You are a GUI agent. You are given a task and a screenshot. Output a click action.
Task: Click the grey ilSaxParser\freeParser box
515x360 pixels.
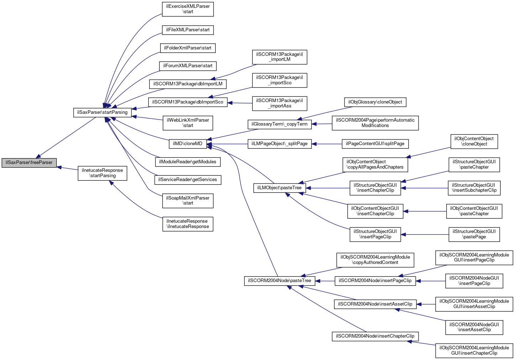(x=29, y=163)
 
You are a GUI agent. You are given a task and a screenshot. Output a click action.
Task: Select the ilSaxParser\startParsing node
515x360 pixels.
(x=102, y=112)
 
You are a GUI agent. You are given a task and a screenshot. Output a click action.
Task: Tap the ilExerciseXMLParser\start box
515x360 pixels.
(x=188, y=9)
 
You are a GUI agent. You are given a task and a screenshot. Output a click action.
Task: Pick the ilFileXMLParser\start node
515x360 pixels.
(x=188, y=30)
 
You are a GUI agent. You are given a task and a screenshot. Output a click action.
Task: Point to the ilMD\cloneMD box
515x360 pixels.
(x=188, y=144)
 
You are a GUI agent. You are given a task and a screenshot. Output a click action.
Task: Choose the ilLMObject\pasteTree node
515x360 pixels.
(x=280, y=188)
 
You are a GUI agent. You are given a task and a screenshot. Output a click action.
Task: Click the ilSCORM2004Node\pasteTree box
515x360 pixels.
(x=280, y=281)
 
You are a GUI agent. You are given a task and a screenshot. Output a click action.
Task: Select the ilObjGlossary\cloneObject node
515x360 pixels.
(x=375, y=102)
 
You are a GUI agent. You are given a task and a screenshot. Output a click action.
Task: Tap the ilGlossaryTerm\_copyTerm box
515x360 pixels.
(x=280, y=124)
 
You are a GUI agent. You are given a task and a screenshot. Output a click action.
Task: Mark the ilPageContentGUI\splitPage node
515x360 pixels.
(x=375, y=144)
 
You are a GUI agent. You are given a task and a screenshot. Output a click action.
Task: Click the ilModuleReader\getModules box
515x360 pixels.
(x=188, y=162)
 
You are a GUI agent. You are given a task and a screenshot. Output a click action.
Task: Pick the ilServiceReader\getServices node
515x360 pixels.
(x=188, y=180)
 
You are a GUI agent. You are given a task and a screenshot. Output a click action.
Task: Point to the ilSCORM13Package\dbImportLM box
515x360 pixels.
(x=188, y=84)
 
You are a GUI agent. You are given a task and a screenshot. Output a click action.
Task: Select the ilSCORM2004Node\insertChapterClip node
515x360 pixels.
(x=375, y=336)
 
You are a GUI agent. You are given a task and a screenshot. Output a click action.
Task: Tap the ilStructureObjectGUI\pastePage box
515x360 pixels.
(x=474, y=234)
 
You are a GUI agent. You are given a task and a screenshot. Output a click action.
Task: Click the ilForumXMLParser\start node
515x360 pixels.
(x=188, y=66)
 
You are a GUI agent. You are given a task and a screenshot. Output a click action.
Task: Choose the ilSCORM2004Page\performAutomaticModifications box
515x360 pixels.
(x=375, y=123)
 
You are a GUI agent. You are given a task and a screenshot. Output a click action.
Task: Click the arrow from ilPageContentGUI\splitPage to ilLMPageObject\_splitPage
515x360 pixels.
(x=327, y=144)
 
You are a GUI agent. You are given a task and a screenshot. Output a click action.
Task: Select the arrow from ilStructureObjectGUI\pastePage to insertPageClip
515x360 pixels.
(x=425, y=234)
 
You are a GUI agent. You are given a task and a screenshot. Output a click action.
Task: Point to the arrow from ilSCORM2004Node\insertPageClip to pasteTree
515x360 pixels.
(x=325, y=281)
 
